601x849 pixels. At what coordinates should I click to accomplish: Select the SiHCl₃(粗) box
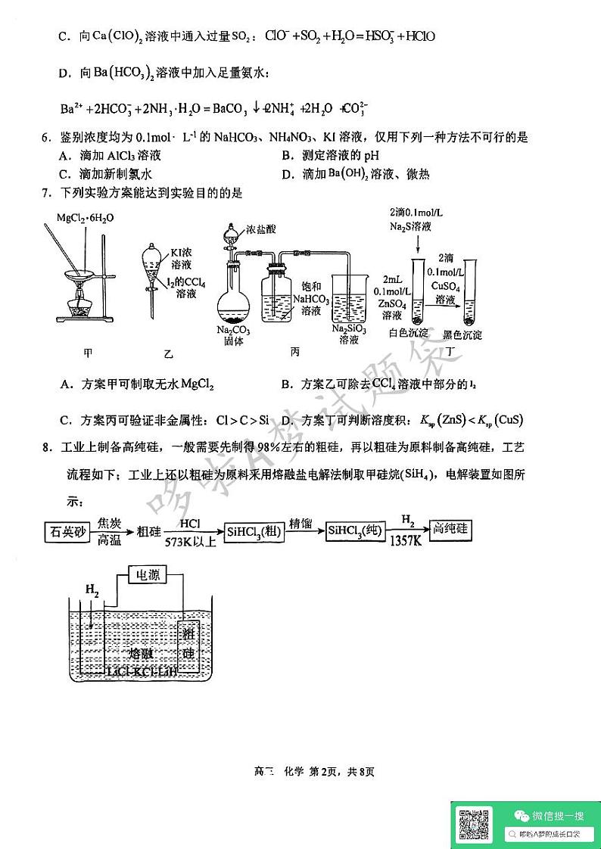click(254, 532)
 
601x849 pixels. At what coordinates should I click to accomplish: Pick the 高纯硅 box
click(450, 531)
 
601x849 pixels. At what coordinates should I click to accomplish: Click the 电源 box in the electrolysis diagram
click(147, 576)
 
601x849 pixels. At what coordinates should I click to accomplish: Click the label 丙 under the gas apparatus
click(295, 351)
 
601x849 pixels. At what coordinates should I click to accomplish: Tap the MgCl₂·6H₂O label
click(86, 218)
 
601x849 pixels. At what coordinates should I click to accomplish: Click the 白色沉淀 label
click(408, 333)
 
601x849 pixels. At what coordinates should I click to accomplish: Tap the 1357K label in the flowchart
click(406, 542)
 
